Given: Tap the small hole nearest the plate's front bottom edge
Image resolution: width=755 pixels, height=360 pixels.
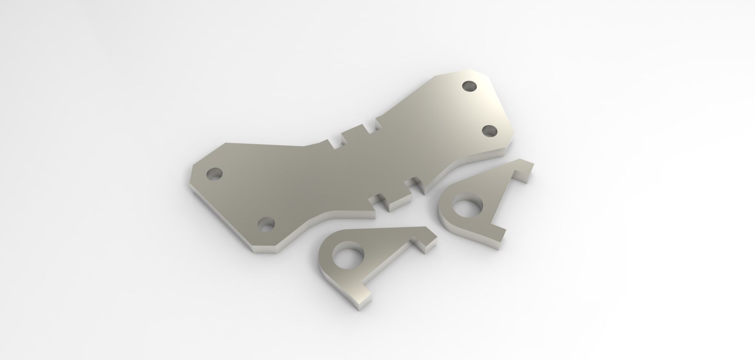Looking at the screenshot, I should pos(266,224).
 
